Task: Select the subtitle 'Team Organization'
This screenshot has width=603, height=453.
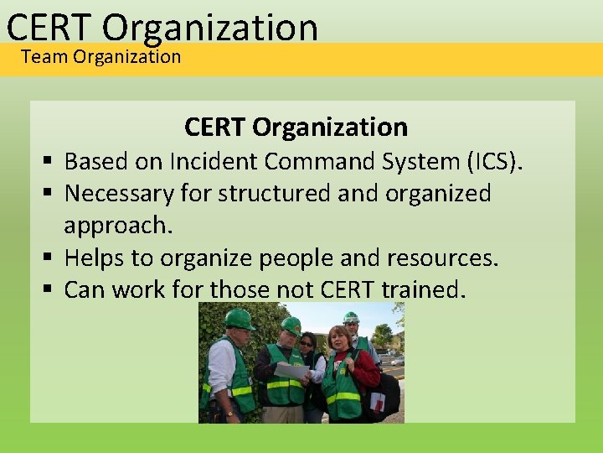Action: [x=100, y=57]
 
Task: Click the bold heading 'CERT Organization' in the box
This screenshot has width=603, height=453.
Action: [x=296, y=127]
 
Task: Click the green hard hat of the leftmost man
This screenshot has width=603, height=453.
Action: [x=239, y=320]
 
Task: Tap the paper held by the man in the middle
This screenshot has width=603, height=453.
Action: [x=292, y=371]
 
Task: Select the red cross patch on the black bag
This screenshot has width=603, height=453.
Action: [x=378, y=403]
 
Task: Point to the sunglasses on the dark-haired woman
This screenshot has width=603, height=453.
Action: [x=307, y=343]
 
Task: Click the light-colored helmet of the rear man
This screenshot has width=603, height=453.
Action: [x=351, y=317]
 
